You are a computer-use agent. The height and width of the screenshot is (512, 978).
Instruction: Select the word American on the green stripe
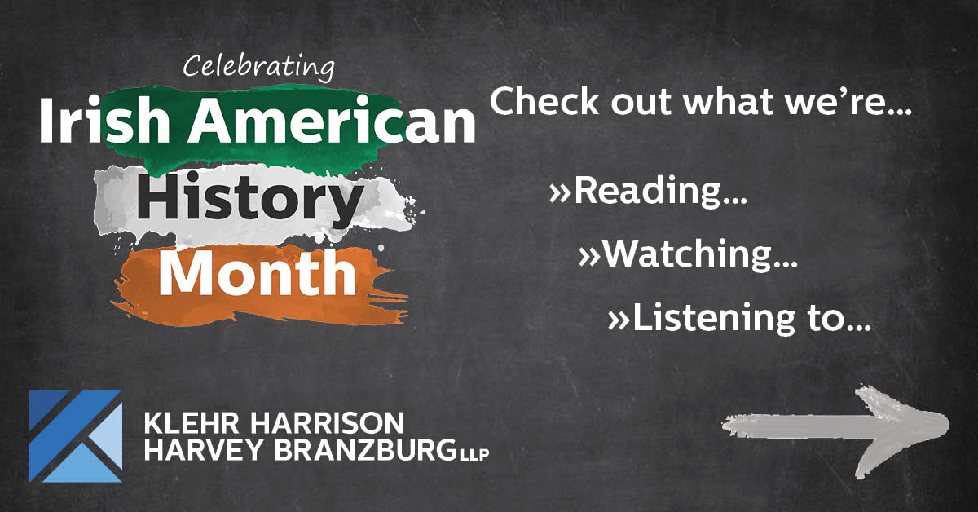pyautogui.click(x=332, y=120)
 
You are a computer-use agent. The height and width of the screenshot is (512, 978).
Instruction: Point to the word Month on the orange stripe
pyautogui.click(x=258, y=272)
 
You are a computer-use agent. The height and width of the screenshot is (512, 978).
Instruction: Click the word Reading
pyautogui.click(x=661, y=191)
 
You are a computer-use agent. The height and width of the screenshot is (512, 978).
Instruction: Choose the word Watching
pyautogui.click(x=700, y=254)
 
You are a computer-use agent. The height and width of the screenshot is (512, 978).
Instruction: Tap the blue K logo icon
pyautogui.click(x=76, y=435)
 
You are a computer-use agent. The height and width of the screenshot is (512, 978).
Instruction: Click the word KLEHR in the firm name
pyautogui.click(x=192, y=422)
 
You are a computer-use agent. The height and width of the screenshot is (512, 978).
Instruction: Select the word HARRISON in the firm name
pyautogui.click(x=327, y=422)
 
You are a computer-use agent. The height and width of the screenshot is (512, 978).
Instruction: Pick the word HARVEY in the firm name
pyautogui.click(x=203, y=449)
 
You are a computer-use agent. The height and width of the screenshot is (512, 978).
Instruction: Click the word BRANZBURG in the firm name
pyautogui.click(x=365, y=449)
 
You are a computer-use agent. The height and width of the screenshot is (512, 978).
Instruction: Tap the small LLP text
pyautogui.click(x=474, y=454)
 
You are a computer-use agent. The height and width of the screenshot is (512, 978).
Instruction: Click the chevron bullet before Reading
pyautogui.click(x=560, y=193)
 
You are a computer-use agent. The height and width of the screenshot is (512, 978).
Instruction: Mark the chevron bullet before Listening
pyautogui.click(x=619, y=320)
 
